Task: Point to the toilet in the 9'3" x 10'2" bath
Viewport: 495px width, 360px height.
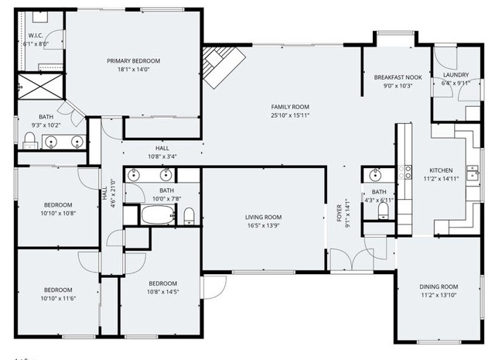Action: pos(29,139)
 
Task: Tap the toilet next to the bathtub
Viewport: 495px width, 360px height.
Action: pos(189,214)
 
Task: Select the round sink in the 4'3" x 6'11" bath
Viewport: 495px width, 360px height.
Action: pos(375,174)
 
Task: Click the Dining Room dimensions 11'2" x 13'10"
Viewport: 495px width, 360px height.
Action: pos(438,295)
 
